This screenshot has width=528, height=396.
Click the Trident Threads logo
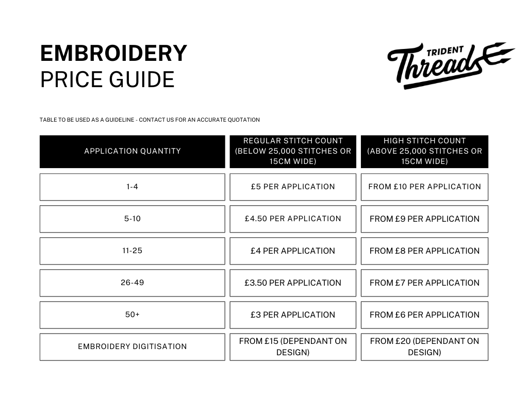450,65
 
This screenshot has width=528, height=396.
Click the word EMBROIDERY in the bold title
113,54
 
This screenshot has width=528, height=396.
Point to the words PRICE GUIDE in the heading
107,80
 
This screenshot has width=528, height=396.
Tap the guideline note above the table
150,120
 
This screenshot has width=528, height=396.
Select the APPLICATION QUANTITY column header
133,151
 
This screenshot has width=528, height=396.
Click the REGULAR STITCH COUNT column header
293,151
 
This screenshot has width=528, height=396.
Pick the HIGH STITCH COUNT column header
424,151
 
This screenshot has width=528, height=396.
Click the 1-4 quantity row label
133,187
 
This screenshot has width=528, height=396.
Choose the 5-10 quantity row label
133,219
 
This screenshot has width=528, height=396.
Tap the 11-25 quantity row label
133,251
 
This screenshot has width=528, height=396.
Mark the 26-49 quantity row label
133,283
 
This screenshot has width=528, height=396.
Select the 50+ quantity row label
133,315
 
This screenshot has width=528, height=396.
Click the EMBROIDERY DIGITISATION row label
133,346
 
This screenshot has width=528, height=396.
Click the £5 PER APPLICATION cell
293,187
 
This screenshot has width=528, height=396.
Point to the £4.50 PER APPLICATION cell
293,219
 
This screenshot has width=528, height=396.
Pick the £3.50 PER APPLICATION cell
293,283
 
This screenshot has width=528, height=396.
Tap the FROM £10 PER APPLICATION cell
424,187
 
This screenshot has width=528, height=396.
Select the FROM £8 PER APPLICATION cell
424,251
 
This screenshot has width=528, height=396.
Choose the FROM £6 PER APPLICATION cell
424,315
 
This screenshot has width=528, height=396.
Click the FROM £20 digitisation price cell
424,346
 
